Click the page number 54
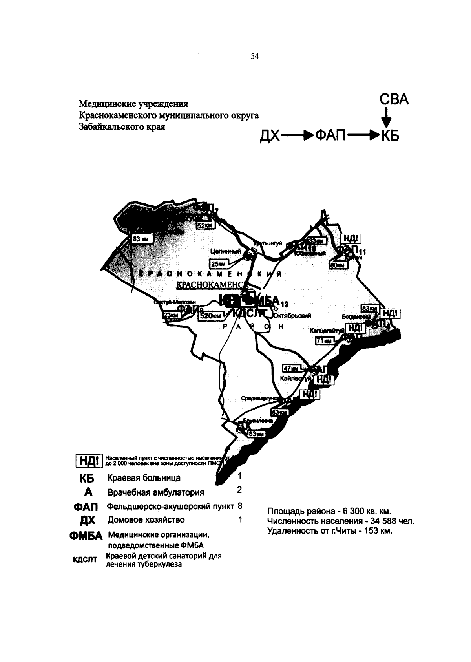[255, 57]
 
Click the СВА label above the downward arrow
[394, 100]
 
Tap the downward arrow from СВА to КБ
[386, 117]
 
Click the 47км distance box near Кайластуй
[291, 369]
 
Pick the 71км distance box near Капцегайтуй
[324, 341]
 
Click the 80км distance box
[337, 265]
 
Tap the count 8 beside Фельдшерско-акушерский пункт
[239, 506]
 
